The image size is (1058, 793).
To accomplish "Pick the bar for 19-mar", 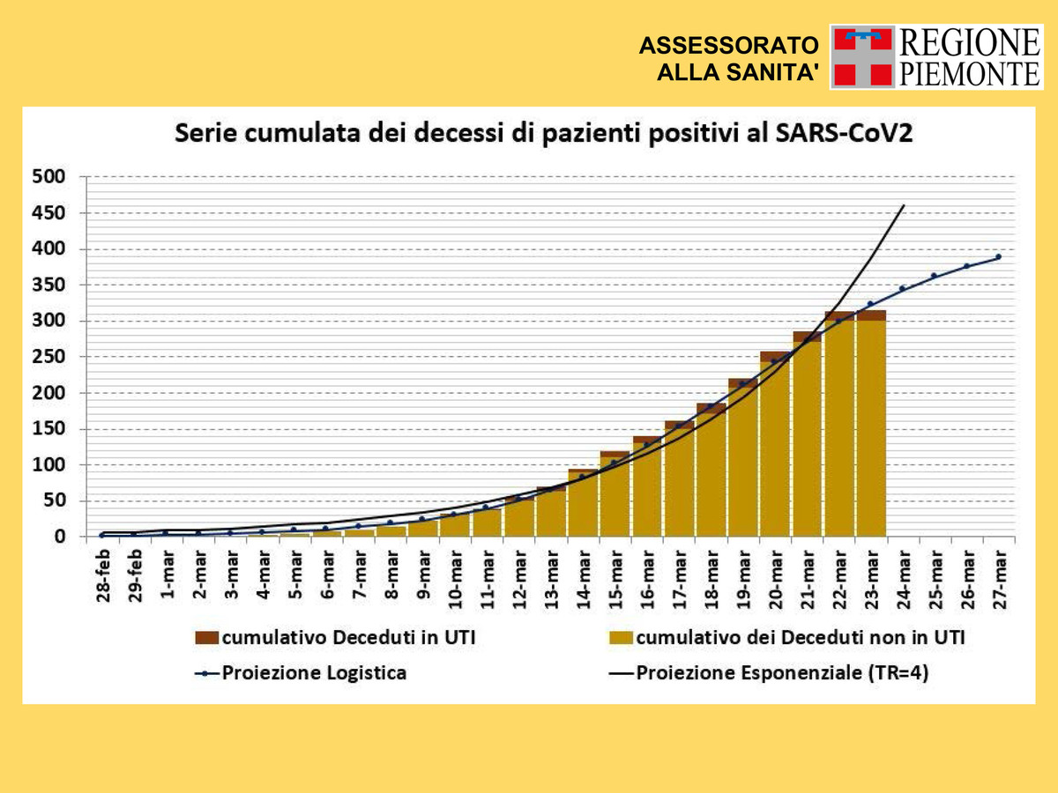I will point(742,458).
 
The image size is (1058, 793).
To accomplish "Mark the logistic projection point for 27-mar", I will point(999,256).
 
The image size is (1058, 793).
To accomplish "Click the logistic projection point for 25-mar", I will point(935,276).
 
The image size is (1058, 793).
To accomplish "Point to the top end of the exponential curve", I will point(904,205).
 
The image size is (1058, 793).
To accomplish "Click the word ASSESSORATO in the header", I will point(728,46).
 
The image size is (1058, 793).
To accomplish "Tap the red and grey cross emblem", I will point(861,56).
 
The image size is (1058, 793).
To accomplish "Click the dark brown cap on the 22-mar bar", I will point(839,315).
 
